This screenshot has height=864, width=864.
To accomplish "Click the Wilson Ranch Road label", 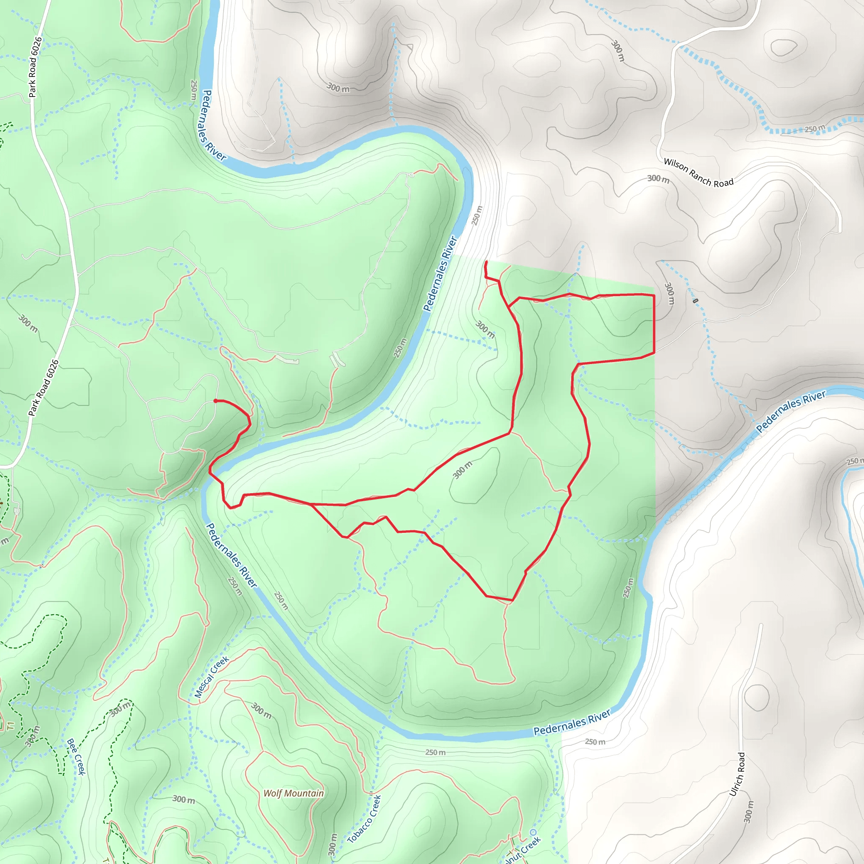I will (698, 172).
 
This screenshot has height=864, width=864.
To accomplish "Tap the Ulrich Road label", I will (737, 774).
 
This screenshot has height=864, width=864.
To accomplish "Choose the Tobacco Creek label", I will (364, 819).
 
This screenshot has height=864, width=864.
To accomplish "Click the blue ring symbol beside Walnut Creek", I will (533, 832).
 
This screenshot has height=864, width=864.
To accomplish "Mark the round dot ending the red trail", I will (216, 401).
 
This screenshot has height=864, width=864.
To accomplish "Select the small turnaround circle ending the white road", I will (411, 175).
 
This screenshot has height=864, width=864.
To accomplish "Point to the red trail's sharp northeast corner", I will (654, 295).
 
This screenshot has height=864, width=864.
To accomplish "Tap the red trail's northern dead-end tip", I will (486, 262).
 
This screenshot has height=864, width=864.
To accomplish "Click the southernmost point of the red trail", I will (513, 600).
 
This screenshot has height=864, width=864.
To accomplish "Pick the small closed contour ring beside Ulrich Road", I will (757, 698).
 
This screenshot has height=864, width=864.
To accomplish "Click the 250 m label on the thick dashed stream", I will (815, 129).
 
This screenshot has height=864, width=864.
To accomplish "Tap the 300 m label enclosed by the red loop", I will (462, 470).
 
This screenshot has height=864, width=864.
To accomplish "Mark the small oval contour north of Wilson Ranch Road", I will (783, 47).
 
